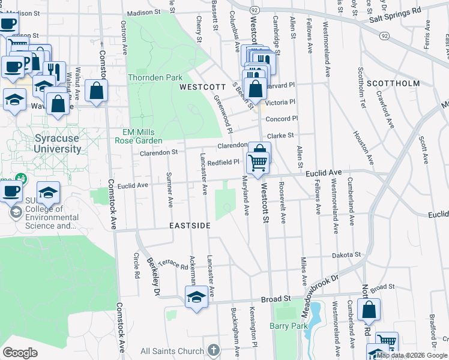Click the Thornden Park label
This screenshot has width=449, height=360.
pyautogui.click(x=154, y=78)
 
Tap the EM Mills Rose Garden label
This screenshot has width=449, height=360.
pyautogui.click(x=139, y=136)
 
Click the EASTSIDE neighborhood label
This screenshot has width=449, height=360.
pyautogui.click(x=190, y=226)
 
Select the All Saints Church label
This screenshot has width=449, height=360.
pyautogui.click(x=172, y=350)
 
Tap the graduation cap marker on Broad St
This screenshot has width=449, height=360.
pyautogui.click(x=196, y=297)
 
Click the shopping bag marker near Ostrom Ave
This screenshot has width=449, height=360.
pyautogui.click(x=96, y=91)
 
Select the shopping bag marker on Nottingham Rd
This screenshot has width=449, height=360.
pyautogui.click(x=369, y=310)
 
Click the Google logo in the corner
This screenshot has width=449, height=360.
pyautogui.click(x=20, y=353)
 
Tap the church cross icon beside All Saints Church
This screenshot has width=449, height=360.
pyautogui.click(x=214, y=350)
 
